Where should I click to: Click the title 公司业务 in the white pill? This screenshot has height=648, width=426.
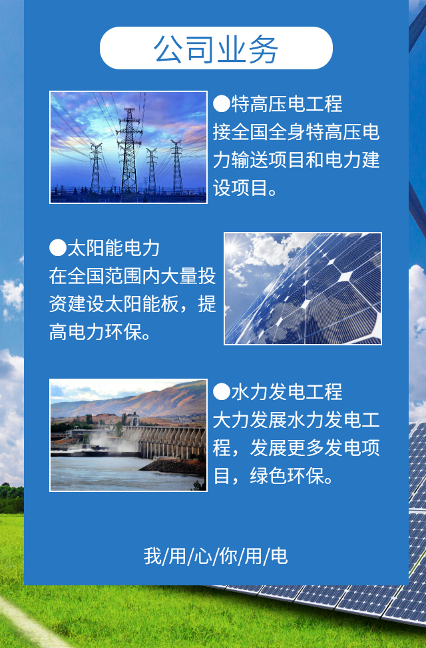[216, 49]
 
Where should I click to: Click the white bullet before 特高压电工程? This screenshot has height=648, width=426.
[221, 104]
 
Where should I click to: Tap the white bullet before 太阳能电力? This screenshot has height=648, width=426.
[58, 248]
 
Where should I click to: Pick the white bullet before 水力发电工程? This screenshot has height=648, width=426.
[221, 392]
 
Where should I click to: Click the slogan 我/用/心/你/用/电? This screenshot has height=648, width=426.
[216, 556]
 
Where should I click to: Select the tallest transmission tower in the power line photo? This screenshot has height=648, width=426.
[129, 151]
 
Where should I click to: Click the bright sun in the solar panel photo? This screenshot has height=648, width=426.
[234, 247]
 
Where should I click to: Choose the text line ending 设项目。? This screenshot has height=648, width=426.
[245, 189]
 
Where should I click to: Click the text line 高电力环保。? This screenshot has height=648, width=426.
[101, 331]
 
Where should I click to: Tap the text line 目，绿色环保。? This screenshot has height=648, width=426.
[273, 476]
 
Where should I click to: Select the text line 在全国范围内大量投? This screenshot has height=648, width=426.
[132, 276]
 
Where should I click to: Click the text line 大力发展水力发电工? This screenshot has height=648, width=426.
[296, 420]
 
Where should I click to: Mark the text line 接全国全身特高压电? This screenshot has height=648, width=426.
[296, 132]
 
